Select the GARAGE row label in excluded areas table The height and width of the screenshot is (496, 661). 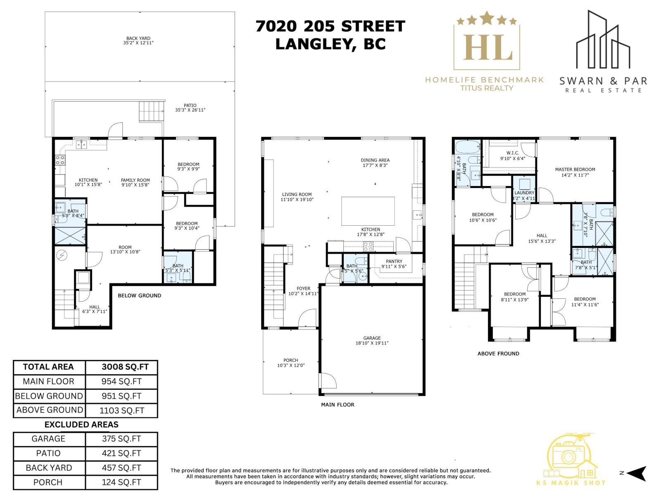(49, 439)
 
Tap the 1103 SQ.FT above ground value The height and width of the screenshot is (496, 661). (121, 410)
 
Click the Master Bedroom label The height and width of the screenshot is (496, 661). (575, 169)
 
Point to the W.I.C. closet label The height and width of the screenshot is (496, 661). (512, 153)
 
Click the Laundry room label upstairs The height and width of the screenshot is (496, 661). (524, 193)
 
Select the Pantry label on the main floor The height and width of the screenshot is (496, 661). (394, 262)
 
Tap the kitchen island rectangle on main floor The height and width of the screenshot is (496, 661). (368, 211)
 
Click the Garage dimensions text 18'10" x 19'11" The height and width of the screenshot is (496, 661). (372, 343)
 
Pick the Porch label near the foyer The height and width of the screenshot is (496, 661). (290, 360)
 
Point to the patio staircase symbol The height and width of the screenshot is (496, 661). (149, 112)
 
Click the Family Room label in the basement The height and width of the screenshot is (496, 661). (135, 180)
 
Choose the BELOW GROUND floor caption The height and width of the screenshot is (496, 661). (139, 296)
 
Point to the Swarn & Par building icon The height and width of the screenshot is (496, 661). (603, 41)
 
